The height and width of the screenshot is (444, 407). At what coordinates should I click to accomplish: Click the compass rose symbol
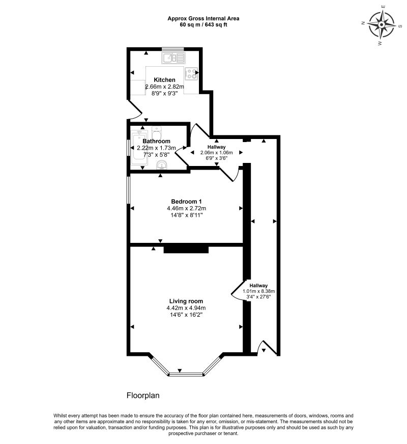point(382,24)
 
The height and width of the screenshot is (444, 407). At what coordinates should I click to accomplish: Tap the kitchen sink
point(173,58)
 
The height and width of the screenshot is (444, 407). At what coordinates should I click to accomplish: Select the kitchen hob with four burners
point(191,73)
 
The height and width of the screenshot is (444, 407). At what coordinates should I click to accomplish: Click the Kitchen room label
point(164,80)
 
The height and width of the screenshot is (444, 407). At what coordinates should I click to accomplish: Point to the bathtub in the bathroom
point(140,148)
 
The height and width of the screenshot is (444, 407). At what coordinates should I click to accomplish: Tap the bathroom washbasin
point(162,165)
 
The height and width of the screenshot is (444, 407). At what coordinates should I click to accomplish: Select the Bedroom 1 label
point(186,202)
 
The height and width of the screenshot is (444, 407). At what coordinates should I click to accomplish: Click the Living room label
point(186,301)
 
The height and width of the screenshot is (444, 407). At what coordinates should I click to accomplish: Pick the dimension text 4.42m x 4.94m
point(186,308)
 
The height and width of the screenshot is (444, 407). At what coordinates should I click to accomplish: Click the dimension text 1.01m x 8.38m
point(259,291)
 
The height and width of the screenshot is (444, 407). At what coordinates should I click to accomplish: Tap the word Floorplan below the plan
point(143,395)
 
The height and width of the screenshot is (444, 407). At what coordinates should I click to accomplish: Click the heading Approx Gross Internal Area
point(203,19)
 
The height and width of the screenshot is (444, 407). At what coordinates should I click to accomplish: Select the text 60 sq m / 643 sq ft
point(203,24)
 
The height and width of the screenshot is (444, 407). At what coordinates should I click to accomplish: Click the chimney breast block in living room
point(186,249)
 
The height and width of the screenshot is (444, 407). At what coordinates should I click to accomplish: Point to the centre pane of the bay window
point(186,375)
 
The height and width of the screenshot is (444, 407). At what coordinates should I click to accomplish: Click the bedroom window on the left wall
point(128,190)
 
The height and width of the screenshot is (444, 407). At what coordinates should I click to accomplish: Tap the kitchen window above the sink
point(173,49)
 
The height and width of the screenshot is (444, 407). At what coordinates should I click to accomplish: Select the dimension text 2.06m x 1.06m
point(217,153)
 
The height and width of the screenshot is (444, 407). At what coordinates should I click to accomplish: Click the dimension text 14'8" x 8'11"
point(186,215)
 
